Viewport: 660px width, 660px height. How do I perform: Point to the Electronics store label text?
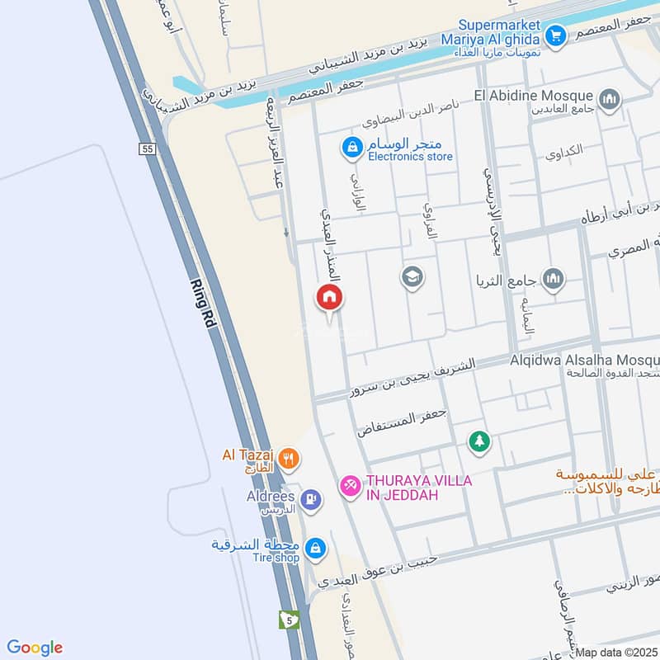410,156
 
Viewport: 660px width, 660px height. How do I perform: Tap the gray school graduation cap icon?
412,276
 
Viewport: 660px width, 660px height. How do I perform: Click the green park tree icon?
478,442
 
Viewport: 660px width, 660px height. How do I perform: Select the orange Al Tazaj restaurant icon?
289,459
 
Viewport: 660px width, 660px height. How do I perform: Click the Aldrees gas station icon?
310,497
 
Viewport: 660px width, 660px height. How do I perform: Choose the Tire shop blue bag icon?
314,547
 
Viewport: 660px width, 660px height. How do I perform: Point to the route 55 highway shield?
147,148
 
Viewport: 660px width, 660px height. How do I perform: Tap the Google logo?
35,648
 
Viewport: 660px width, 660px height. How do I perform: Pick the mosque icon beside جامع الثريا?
554,280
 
